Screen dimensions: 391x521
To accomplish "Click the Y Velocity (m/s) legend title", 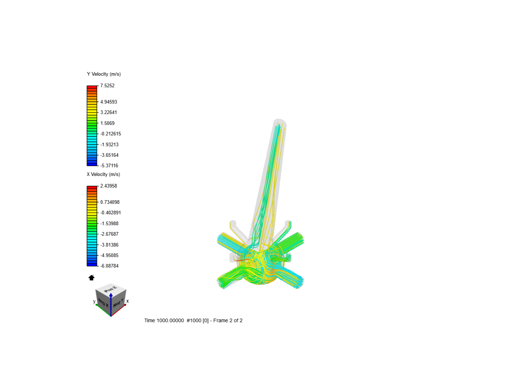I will (x=104, y=74).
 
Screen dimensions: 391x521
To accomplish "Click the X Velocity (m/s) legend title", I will (x=103, y=175).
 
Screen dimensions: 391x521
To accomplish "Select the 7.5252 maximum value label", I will (x=107, y=86).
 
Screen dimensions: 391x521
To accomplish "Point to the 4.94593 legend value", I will (x=109, y=102).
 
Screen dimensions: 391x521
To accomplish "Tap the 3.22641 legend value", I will (x=109, y=113).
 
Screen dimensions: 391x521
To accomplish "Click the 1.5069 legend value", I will (x=107, y=123).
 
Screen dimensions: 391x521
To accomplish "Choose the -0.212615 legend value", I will (x=111, y=134).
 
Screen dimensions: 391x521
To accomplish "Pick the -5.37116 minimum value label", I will (x=109, y=166).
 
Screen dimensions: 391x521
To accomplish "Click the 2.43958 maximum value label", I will (x=109, y=186).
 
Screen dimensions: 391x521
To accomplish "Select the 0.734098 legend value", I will (x=110, y=202).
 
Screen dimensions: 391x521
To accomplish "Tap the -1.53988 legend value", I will (x=110, y=224).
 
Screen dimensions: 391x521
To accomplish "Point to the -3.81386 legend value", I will (x=110, y=245).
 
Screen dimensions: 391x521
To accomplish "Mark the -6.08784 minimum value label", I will (x=110, y=266).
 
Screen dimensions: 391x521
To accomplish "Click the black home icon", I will (x=92, y=278).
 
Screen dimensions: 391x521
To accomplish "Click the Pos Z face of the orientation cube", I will (x=111, y=289).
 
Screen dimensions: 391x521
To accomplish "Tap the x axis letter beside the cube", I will (x=127, y=301).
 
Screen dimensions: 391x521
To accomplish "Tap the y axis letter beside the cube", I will (x=94, y=301).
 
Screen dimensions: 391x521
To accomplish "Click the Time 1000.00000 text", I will (x=164, y=321).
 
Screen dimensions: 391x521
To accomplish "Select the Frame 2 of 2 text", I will (x=228, y=321).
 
